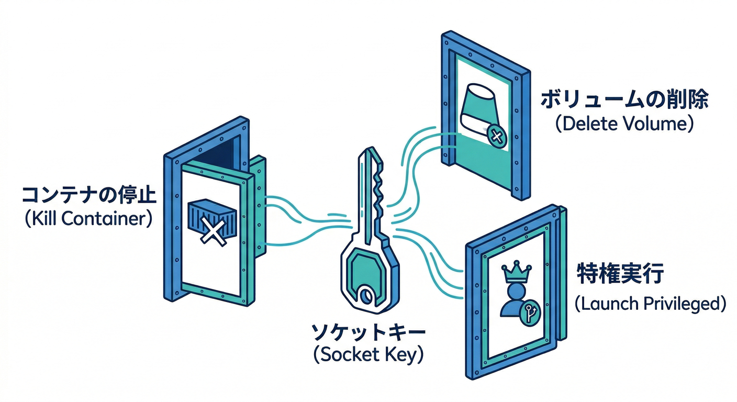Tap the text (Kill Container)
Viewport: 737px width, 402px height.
pos(88,218)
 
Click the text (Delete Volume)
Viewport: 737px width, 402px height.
pos(624,124)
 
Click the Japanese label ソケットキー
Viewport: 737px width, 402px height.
pos(368,332)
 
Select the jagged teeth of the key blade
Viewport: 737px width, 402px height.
pos(381,188)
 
